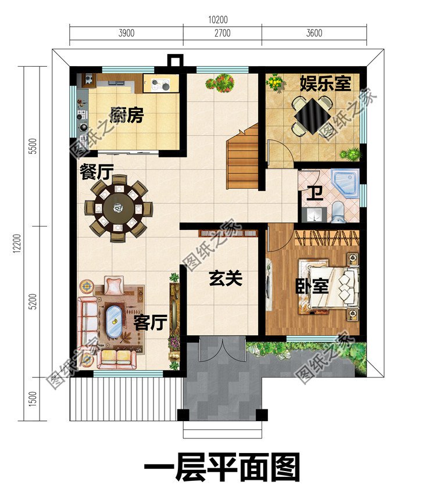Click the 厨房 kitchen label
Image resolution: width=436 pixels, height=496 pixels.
[x=126, y=116]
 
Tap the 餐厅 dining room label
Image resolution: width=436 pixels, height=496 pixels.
[x=97, y=171]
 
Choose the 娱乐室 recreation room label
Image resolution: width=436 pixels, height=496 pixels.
[x=325, y=83]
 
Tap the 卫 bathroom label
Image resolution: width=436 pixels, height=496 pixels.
[x=315, y=193]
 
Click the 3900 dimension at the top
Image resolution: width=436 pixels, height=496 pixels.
[x=127, y=33]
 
